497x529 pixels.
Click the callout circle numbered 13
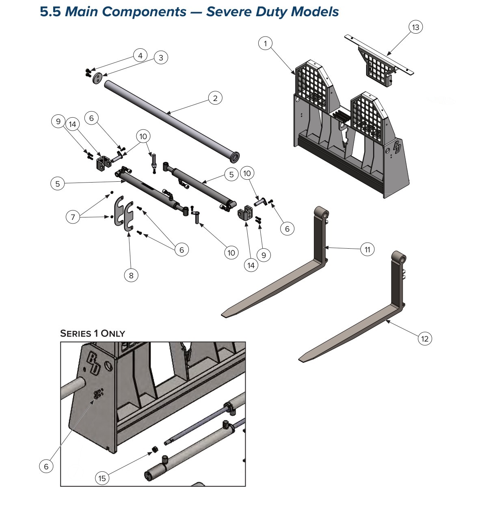coord(415,27)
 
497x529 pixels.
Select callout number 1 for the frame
coord(265,43)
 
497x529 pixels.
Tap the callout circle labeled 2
coord(215,98)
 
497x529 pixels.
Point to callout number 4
coord(140,56)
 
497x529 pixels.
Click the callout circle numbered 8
coord(131,275)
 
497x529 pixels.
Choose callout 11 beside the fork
coord(367,249)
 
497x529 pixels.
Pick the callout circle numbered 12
coord(424,339)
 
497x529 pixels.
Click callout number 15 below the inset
coord(102,478)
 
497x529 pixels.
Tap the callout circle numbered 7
coord(73,217)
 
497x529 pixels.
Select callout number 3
coord(161,58)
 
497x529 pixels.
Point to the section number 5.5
coord(50,12)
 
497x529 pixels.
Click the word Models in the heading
coord(315,12)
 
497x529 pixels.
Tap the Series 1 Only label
coord(93,333)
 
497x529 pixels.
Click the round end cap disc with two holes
coord(97,78)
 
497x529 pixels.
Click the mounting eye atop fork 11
coord(322,213)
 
